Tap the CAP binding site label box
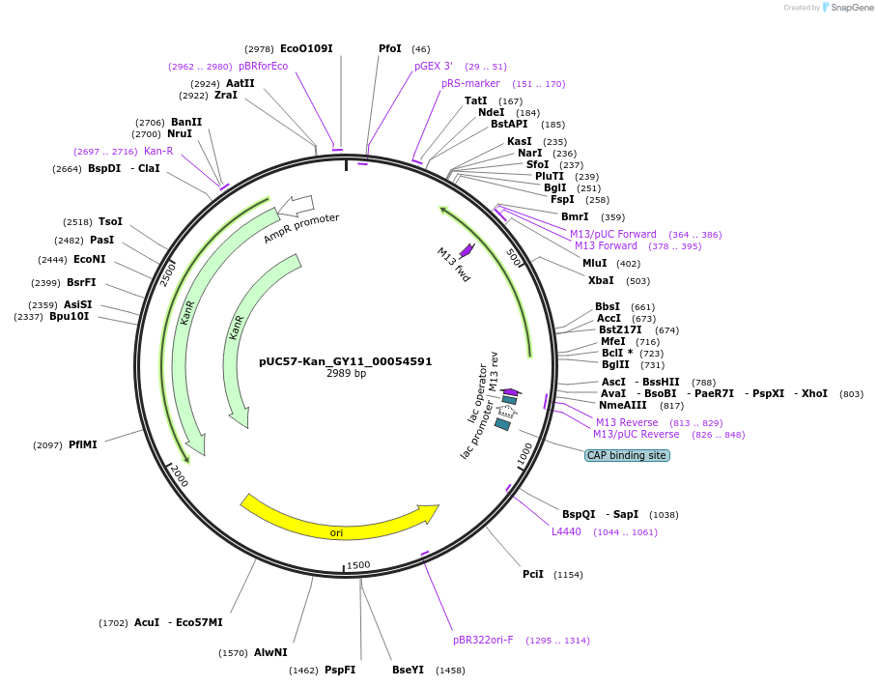627,455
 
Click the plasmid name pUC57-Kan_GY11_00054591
345,361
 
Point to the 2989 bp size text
346,373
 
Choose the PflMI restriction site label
82,444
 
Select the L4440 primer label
566,531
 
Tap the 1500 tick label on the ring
358,565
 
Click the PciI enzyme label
533,574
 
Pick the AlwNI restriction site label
270,652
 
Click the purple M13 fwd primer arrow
467,250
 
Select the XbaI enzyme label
600,280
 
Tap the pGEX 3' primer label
434,66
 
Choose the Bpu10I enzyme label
69,316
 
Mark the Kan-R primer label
158,151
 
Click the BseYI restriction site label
408,670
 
